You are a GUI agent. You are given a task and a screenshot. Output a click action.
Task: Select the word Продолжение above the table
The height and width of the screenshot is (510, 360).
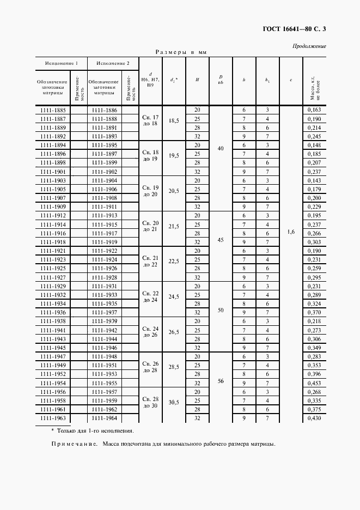309,46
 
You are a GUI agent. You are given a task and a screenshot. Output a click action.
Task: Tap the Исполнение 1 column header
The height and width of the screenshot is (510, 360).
62,63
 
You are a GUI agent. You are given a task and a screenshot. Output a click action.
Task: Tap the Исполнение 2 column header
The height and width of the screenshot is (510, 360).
113,63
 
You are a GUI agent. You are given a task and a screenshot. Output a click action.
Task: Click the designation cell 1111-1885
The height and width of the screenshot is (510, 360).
53,110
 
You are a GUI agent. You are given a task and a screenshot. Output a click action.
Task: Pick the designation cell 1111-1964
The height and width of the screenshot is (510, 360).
105,418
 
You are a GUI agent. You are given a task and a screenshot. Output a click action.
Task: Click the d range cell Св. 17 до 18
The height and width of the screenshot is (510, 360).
150,120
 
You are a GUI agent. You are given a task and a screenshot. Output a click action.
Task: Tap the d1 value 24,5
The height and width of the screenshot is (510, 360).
174,297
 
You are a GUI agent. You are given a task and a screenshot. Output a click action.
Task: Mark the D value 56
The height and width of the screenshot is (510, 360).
221,381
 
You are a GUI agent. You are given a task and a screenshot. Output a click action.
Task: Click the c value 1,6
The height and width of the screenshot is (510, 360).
291,232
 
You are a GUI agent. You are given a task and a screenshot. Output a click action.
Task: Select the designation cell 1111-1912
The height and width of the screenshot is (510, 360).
53,216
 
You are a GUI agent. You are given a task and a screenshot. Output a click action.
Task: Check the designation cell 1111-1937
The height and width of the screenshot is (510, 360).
105,313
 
